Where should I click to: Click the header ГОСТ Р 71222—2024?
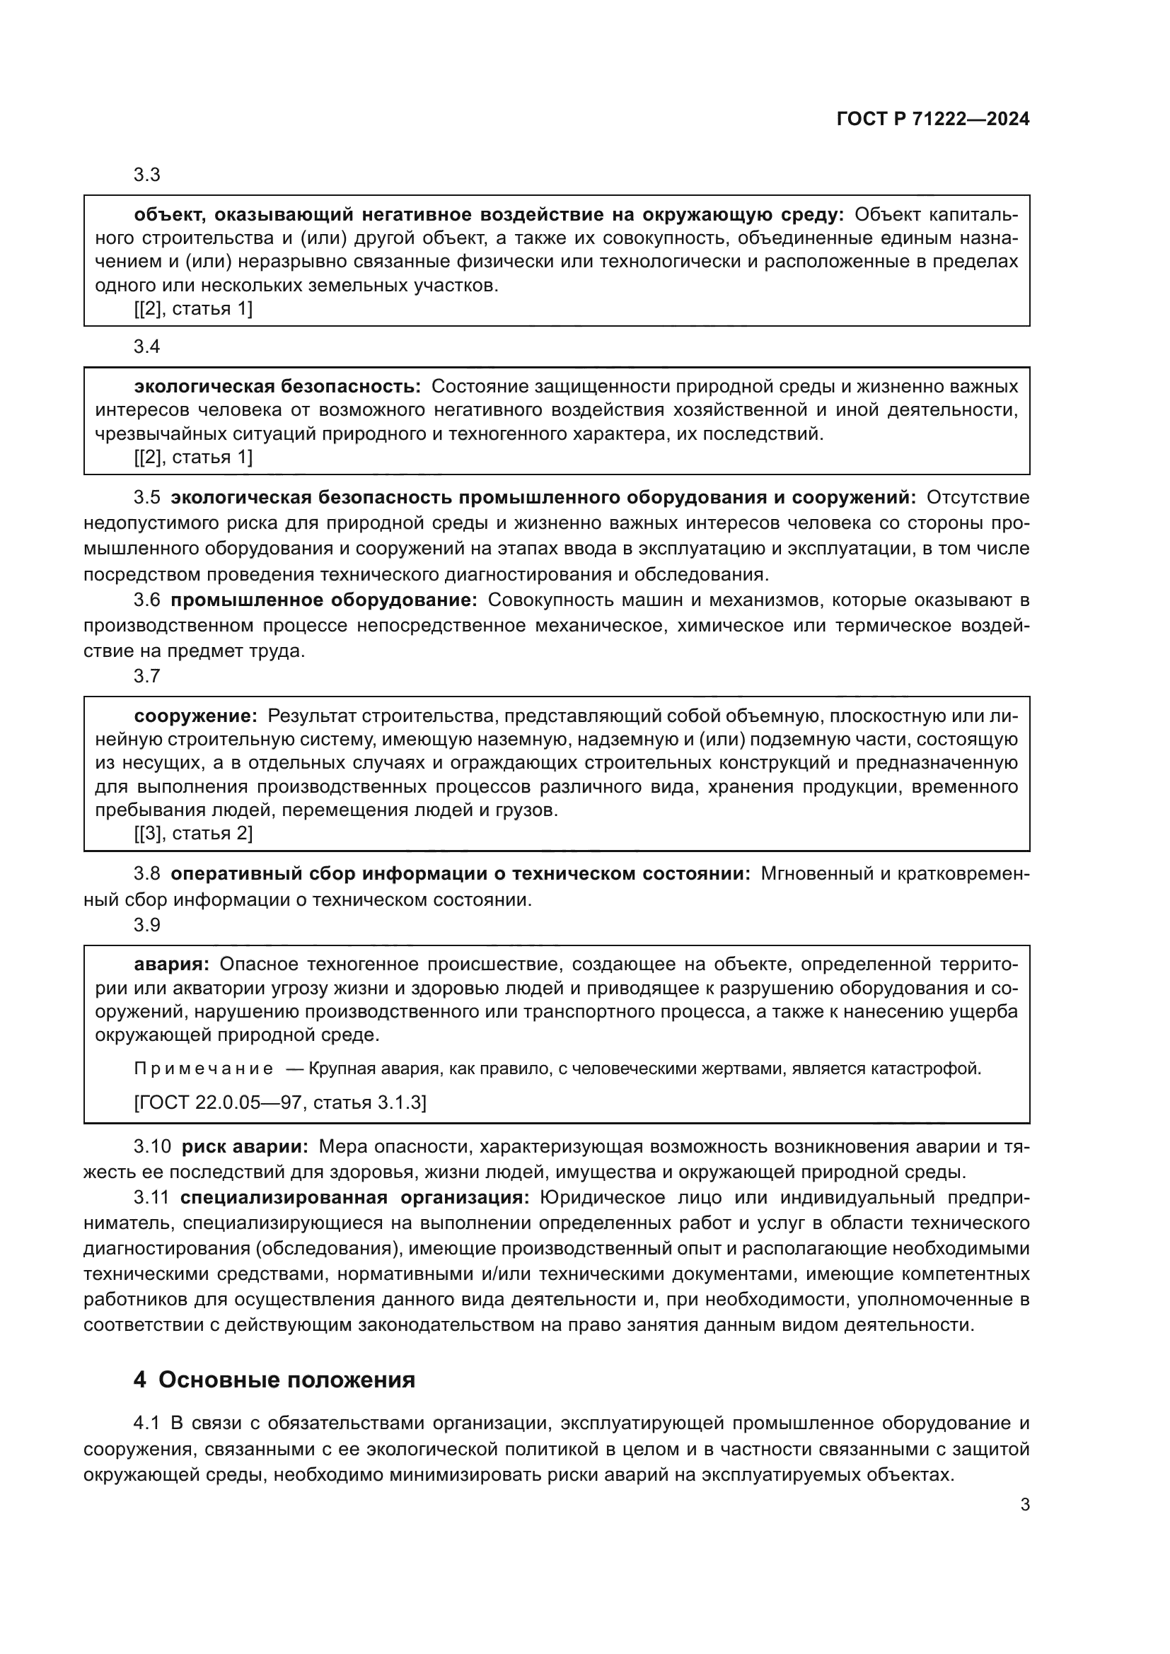tap(933, 120)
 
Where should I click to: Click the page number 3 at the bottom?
tap(1024, 1504)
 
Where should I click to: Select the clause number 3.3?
tap(147, 175)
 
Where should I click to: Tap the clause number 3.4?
tap(147, 347)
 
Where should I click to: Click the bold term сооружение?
tap(195, 716)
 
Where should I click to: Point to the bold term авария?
tap(171, 965)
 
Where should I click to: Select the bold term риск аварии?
tap(245, 1146)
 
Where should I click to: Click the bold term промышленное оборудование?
tap(324, 600)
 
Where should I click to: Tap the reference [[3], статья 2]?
tap(193, 834)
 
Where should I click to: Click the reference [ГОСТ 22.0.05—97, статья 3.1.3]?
tap(280, 1103)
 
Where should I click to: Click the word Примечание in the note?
tap(203, 1068)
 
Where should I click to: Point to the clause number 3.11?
tap(151, 1197)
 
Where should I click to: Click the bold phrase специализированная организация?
tap(354, 1197)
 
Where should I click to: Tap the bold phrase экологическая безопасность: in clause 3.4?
tap(277, 387)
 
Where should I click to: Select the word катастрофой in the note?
tap(936, 1068)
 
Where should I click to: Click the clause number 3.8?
tap(147, 874)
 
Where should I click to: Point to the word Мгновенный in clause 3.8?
tap(812, 874)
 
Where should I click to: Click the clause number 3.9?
tap(147, 925)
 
